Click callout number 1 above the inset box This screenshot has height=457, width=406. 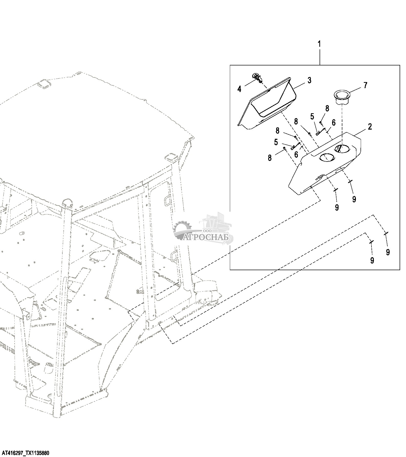[x=319, y=44]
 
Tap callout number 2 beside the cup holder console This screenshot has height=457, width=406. [x=370, y=127]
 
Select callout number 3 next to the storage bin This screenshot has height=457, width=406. [x=309, y=80]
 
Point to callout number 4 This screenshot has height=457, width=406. [x=239, y=89]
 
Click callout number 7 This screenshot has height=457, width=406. [x=365, y=85]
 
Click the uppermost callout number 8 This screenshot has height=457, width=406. [x=327, y=109]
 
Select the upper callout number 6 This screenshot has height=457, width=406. [x=334, y=123]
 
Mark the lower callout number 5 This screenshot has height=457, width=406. [x=276, y=142]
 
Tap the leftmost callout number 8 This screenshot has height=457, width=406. [x=270, y=158]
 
